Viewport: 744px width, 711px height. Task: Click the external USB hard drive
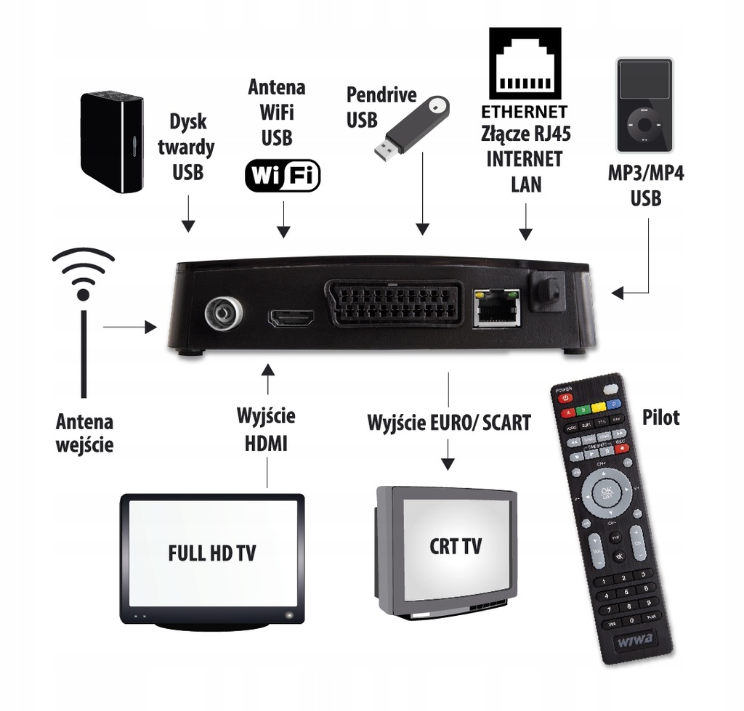tap(111, 142)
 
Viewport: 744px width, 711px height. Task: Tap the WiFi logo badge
tap(283, 175)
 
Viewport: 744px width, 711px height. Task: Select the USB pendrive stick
tap(411, 129)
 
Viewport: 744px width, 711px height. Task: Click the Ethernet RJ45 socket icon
tap(525, 65)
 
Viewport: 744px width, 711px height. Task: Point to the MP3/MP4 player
tap(644, 104)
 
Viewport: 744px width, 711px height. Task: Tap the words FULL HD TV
tap(211, 553)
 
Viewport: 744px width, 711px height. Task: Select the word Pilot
tap(661, 418)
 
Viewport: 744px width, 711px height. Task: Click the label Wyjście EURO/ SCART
tap(449, 422)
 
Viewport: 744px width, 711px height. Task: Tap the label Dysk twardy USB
tap(188, 147)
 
